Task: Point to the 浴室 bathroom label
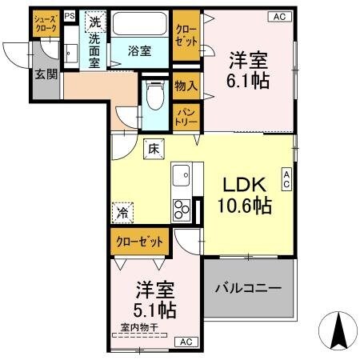140,50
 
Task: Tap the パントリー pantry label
186,117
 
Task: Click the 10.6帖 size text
245,206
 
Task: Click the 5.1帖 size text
155,309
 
